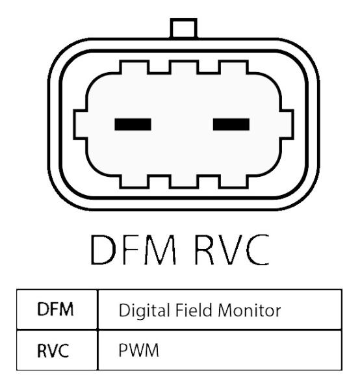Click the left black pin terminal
(x=133, y=124)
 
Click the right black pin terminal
(x=231, y=124)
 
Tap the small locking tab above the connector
(x=184, y=28)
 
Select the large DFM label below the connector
(x=133, y=250)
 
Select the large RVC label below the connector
(x=232, y=250)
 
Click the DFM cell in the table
(x=55, y=309)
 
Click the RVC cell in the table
(x=53, y=350)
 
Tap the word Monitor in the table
(x=250, y=311)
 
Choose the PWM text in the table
(x=138, y=350)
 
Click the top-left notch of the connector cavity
(x=135, y=67)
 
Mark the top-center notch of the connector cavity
(x=184, y=67)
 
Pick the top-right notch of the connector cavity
(x=233, y=67)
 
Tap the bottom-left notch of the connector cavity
(x=135, y=182)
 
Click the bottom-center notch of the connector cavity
(x=184, y=182)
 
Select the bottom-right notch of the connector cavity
(x=233, y=182)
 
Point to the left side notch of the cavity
(x=81, y=124)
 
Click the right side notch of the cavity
(x=287, y=124)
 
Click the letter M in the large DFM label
(x=162, y=250)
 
